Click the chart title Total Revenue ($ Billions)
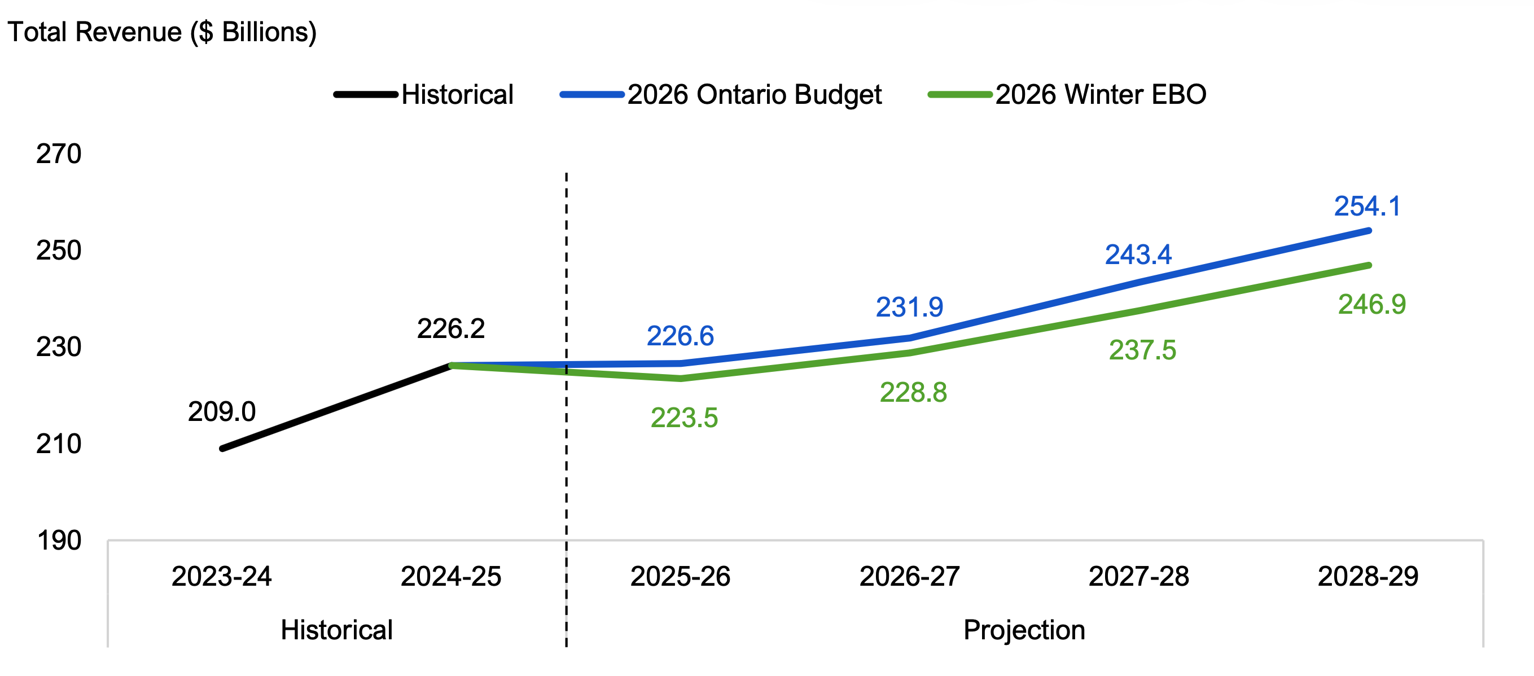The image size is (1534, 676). pos(162,32)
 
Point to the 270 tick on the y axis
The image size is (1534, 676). pos(58,154)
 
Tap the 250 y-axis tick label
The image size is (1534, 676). pos(58,251)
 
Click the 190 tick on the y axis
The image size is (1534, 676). pos(58,541)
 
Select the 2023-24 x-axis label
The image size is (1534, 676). pos(222,577)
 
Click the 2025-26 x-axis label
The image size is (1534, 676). pos(680,577)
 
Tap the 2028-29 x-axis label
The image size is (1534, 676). pos(1368,577)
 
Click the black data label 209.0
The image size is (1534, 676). pos(222,412)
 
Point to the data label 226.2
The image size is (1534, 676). pos(451,329)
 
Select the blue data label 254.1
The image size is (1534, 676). pos(1368,207)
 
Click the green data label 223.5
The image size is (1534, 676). pos(684,418)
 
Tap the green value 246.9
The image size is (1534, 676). pos(1372,305)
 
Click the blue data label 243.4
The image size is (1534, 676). pos(1138,256)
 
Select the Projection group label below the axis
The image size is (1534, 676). pos(1024,630)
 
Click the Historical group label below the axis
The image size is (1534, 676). pos(336,630)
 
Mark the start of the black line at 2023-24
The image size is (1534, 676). pos(222,449)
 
